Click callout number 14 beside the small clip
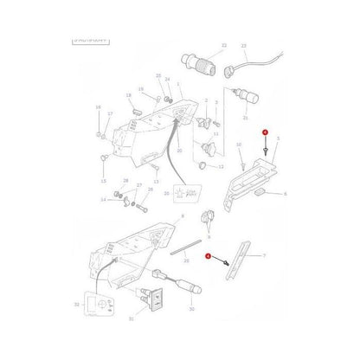[x=101, y=200]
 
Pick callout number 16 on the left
[x=98, y=108]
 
